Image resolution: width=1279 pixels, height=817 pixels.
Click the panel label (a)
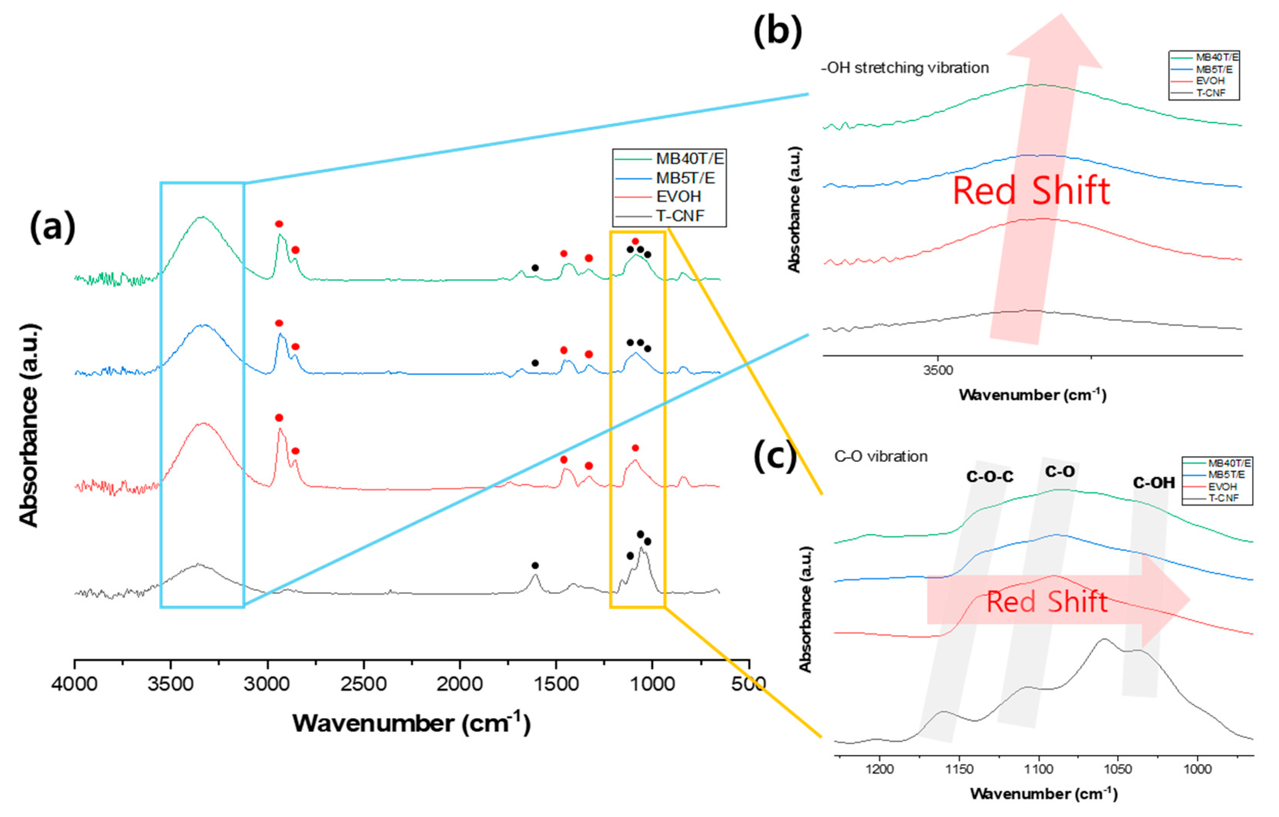[x=52, y=227]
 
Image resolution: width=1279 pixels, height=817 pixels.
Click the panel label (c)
[x=774, y=456]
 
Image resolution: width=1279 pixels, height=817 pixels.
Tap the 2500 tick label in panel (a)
[x=364, y=684]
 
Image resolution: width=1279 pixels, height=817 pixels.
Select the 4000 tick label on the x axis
[x=74, y=684]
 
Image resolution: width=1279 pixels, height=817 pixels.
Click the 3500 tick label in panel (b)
[x=938, y=371]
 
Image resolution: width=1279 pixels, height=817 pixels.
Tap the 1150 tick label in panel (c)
[x=959, y=769]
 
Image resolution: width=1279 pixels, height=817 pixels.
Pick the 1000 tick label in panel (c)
[x=1197, y=769]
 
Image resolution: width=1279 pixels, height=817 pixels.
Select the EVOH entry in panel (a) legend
[x=678, y=197]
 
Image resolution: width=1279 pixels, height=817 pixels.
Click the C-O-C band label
[x=990, y=477]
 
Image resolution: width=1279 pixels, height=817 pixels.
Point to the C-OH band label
[x=1154, y=482]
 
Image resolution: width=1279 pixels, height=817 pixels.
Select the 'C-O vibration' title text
[x=881, y=456]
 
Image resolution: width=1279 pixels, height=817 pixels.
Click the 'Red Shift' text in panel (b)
[x=1031, y=191]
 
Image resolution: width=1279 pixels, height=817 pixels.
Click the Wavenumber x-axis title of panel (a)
[x=411, y=723]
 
